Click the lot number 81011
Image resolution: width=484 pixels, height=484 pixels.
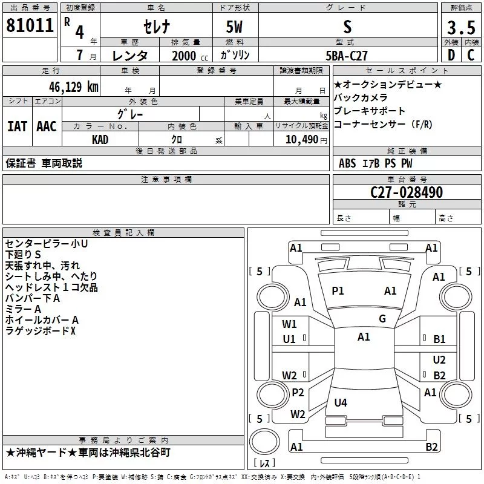tap(30, 25)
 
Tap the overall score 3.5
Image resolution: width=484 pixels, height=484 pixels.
tap(461, 27)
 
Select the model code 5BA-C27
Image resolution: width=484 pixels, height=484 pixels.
tap(347, 56)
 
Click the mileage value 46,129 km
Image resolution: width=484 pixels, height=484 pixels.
tap(74, 87)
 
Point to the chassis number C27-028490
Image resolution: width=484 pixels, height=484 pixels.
tap(407, 192)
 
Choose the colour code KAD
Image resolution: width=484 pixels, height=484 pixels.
tap(100, 140)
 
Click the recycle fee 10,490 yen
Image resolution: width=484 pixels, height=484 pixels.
tap(306, 140)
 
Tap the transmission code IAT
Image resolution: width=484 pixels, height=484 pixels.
tap(17, 126)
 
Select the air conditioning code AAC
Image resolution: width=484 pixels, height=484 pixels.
tap(47, 126)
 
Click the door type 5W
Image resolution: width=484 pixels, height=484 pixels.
tap(234, 27)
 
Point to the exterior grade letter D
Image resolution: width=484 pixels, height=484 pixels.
tap(451, 55)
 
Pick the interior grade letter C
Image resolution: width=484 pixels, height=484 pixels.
tap(471, 55)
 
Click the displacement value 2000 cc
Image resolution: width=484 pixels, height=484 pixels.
tap(190, 56)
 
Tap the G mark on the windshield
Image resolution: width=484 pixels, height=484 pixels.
tap(382, 318)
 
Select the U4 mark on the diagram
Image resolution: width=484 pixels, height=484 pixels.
tap(341, 402)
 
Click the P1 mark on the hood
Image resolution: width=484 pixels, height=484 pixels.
tap(338, 291)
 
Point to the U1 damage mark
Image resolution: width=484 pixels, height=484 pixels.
tap(289, 339)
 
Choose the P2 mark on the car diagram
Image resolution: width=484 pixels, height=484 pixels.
tap(298, 392)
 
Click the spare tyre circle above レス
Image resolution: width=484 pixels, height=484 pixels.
tap(264, 442)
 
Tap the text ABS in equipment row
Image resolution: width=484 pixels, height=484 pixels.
tap(347, 163)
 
